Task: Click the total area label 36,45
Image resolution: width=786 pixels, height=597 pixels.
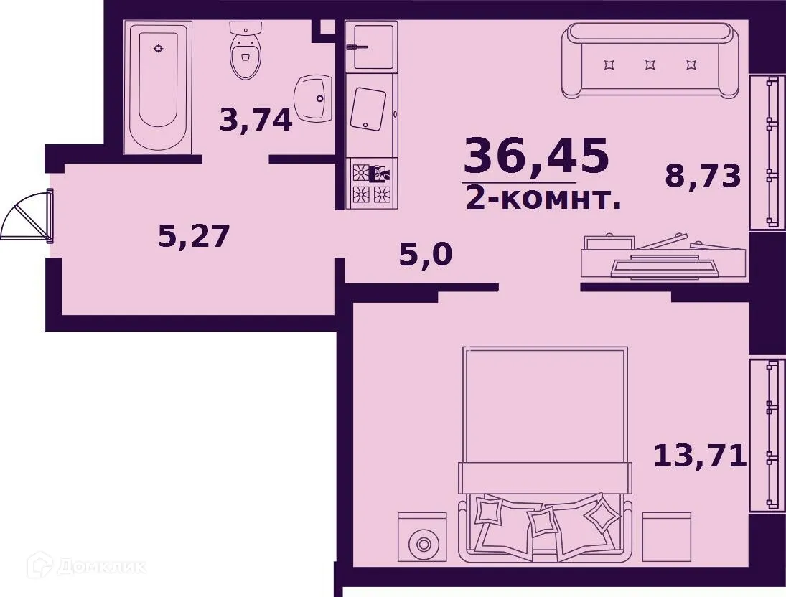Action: click(536, 156)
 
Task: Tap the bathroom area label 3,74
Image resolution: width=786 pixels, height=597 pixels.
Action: click(256, 120)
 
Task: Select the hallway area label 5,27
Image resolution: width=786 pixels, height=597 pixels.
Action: click(193, 235)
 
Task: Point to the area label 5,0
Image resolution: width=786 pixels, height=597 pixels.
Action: click(426, 254)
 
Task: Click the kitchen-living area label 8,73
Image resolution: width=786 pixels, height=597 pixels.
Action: click(702, 176)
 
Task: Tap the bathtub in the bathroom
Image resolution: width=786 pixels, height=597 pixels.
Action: click(158, 86)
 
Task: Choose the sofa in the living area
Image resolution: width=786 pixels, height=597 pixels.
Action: click(650, 60)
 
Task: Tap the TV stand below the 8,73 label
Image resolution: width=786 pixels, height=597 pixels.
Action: click(663, 256)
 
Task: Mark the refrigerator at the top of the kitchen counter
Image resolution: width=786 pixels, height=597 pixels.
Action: click(370, 46)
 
